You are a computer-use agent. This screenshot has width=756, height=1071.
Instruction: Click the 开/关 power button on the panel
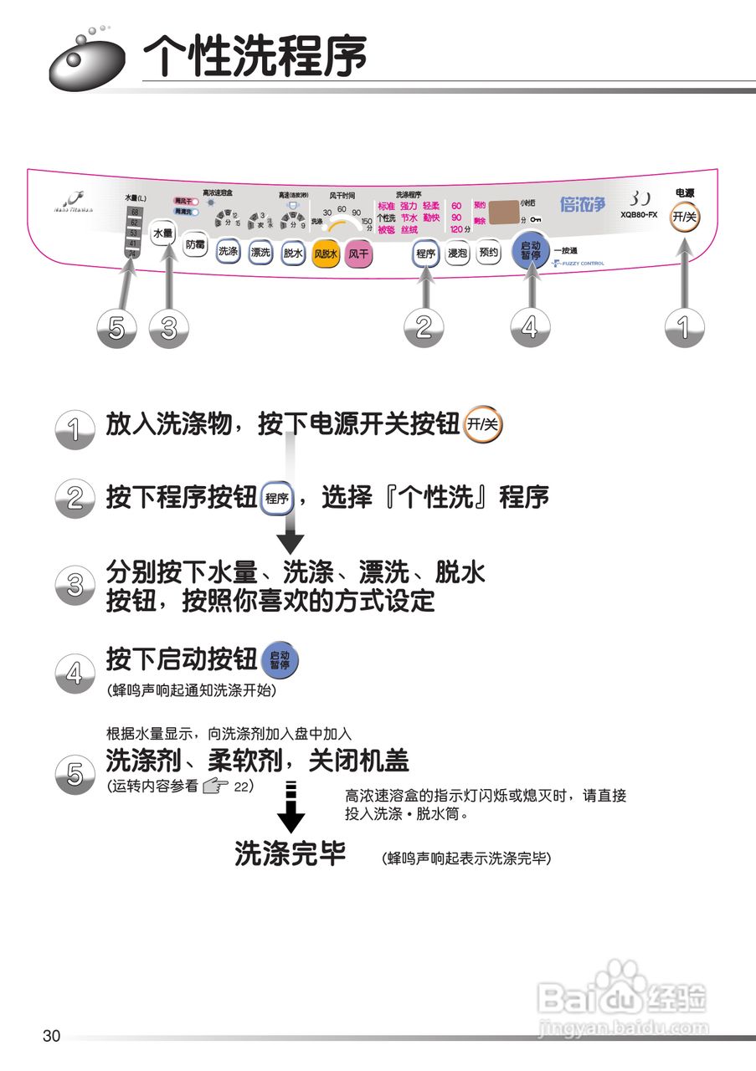tap(684, 217)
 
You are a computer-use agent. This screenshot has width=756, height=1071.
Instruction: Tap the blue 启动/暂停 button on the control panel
tap(530, 249)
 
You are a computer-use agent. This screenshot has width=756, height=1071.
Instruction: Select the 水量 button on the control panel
tap(162, 233)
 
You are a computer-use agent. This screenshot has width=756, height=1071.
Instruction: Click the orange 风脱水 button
tap(325, 253)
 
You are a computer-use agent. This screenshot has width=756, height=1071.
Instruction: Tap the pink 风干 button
tap(358, 253)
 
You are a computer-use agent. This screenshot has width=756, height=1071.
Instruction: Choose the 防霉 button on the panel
tap(194, 245)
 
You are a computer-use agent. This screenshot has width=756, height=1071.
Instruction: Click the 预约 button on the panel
tap(488, 252)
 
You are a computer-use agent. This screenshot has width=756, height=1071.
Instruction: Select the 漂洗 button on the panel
tap(260, 252)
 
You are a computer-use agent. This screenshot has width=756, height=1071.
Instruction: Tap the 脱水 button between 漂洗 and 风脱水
tap(292, 252)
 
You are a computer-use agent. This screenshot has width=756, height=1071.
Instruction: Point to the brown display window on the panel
tap(503, 213)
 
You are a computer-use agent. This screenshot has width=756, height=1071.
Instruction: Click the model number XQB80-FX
tap(639, 215)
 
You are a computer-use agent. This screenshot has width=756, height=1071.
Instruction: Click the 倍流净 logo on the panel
tap(582, 204)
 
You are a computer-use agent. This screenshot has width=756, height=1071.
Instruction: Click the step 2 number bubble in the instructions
tap(75, 500)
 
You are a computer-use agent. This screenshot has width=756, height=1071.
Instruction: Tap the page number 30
tap(51, 1036)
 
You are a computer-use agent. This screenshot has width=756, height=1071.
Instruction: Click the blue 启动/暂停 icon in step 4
tap(280, 661)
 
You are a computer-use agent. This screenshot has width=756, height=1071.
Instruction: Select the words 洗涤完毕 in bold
tap(290, 853)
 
